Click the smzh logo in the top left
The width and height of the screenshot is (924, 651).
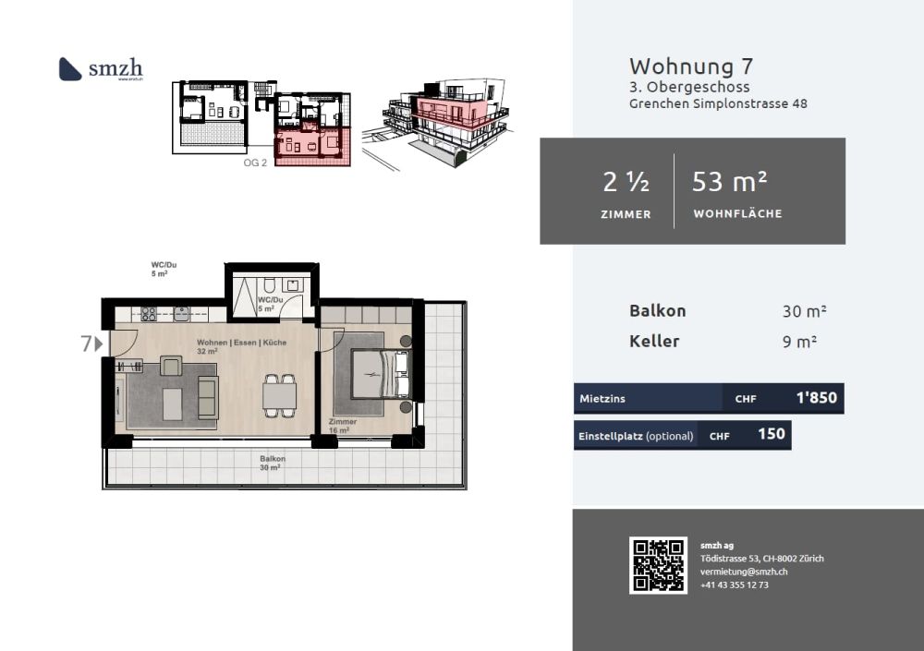pyautogui.click(x=100, y=68)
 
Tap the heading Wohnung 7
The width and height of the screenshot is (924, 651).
pyautogui.click(x=690, y=66)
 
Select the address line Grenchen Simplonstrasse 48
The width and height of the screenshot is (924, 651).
pyautogui.click(x=718, y=103)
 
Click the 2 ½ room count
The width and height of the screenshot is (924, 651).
pyautogui.click(x=626, y=183)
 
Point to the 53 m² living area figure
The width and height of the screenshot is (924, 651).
pyautogui.click(x=730, y=183)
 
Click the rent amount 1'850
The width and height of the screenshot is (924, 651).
pyautogui.click(x=816, y=398)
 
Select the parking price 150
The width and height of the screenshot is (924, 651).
pyautogui.click(x=771, y=434)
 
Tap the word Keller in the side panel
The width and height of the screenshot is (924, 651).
pyautogui.click(x=654, y=341)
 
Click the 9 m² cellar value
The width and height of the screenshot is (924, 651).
pyautogui.click(x=799, y=342)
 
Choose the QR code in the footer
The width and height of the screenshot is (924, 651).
pyautogui.click(x=658, y=565)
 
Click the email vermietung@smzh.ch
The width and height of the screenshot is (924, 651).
pyautogui.click(x=743, y=572)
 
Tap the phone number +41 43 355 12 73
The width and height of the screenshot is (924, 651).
pyautogui.click(x=734, y=585)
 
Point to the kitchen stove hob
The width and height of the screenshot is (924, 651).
pyautogui.click(x=149, y=314)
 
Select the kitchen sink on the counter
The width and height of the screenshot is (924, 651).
pyautogui.click(x=181, y=314)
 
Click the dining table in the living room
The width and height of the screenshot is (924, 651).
pyautogui.click(x=279, y=395)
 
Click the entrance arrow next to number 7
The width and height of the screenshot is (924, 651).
pyautogui.click(x=98, y=344)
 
